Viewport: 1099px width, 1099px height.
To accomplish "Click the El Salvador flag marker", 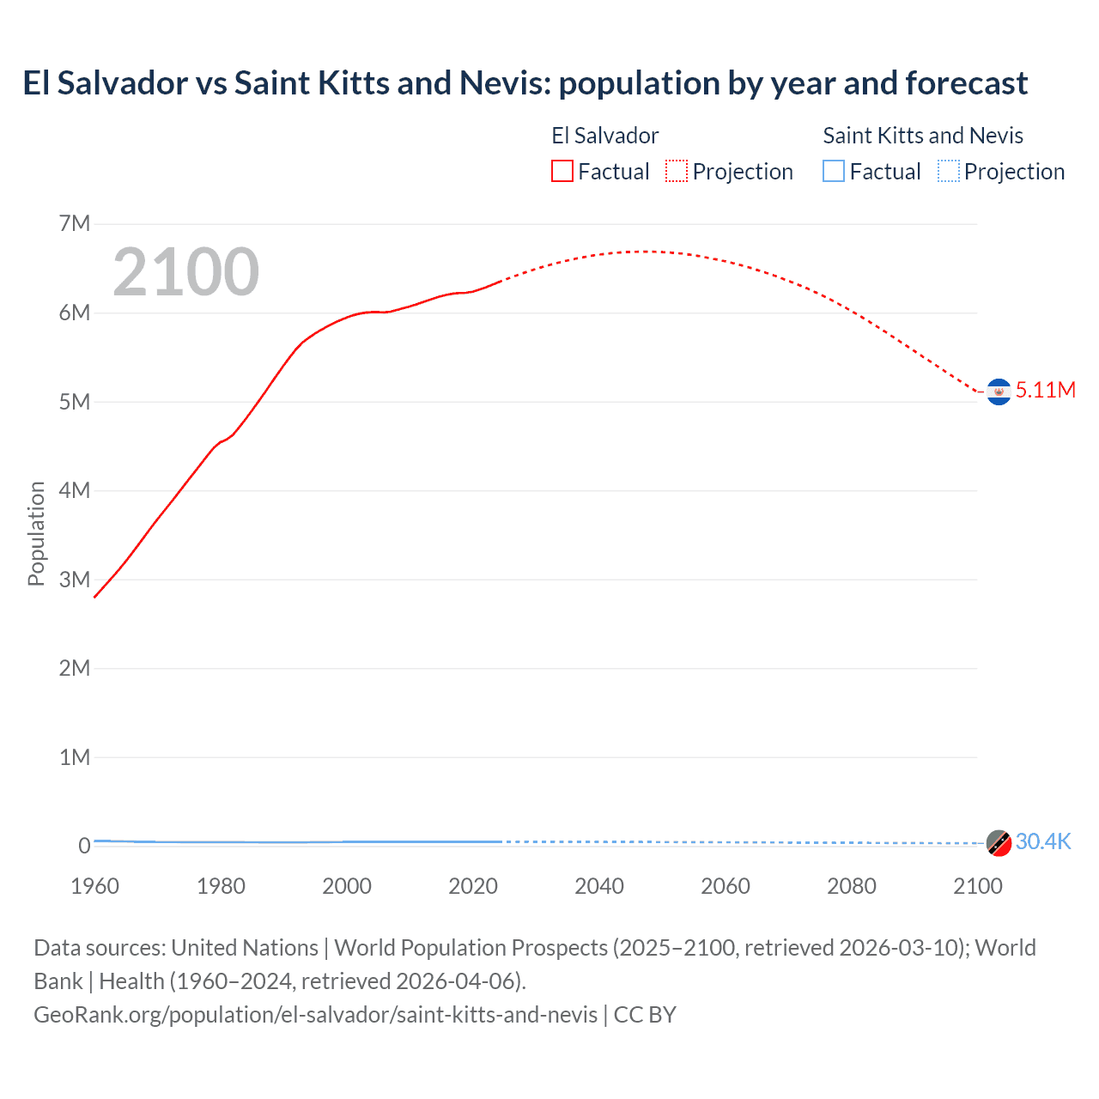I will point(999,392).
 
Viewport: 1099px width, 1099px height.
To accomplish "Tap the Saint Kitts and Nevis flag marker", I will point(999,843).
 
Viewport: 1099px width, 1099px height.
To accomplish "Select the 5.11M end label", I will point(1045,390).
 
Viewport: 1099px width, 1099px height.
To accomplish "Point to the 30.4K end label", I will point(1042,841).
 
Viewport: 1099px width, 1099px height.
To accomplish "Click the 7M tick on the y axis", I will point(75,224).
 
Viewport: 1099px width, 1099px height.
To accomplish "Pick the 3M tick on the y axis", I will point(75,580).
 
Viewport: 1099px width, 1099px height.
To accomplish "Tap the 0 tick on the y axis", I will point(84,846).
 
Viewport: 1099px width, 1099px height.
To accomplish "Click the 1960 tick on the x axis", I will point(94,886).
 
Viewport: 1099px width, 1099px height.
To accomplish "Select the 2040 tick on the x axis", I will point(599,886).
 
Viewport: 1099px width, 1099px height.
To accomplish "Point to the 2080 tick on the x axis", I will point(852,886).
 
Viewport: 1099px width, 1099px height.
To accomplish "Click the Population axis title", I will point(36,533).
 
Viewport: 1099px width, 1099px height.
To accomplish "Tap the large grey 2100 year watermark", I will point(185,272).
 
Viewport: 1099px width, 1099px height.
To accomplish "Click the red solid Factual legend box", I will point(562,172).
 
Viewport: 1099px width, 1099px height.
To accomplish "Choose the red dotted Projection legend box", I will point(677,172).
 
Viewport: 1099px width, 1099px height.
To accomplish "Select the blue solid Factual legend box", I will point(834,172).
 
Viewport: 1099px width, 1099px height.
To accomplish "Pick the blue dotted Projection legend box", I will point(949,172).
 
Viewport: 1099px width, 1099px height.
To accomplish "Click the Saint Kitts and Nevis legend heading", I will point(923,136).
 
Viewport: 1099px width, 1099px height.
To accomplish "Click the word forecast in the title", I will point(966,83).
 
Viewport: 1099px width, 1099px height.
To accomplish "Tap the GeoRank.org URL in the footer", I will point(315,1015).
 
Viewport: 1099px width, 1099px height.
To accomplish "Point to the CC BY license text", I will point(645,1015).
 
